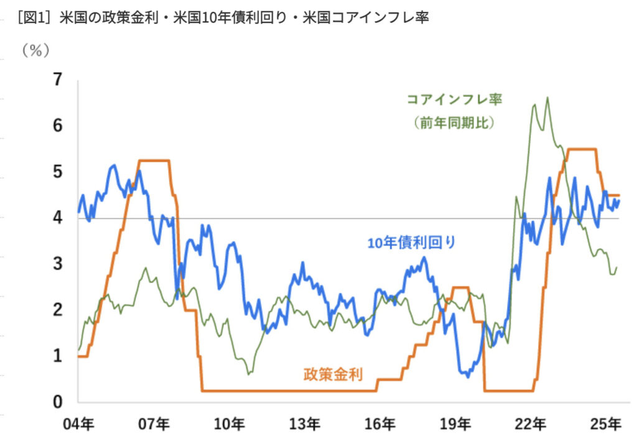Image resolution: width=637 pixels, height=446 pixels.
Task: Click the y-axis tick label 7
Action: click(x=58, y=80)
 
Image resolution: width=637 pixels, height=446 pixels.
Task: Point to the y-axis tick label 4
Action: click(x=58, y=218)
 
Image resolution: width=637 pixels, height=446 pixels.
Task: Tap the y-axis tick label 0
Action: click(x=58, y=402)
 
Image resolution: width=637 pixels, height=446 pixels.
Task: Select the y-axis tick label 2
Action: click(x=58, y=310)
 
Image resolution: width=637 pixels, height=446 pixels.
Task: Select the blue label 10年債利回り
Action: click(x=411, y=243)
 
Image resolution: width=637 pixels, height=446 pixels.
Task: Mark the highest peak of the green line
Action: click(x=547, y=98)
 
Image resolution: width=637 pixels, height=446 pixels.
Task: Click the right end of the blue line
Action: click(x=618, y=200)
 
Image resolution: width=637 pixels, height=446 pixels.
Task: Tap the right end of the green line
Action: click(x=616, y=268)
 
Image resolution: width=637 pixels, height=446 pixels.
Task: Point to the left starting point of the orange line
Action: click(x=78, y=356)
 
